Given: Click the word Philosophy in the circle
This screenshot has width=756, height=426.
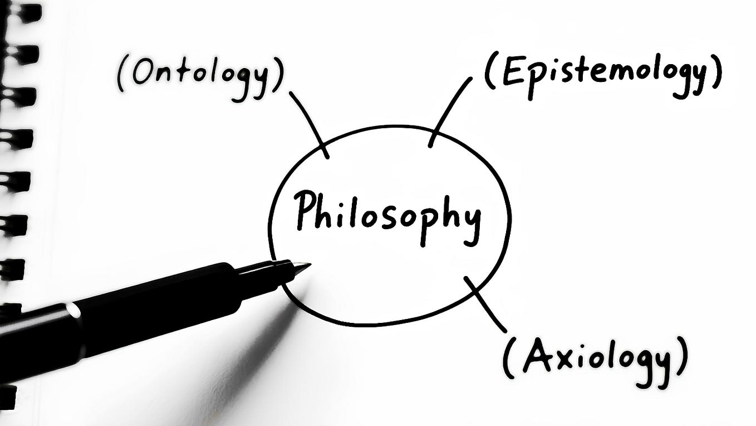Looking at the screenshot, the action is click(x=387, y=216).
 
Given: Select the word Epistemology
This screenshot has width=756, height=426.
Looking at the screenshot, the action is click(x=604, y=76).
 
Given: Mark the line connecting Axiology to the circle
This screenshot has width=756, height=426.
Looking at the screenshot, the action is click(x=485, y=304).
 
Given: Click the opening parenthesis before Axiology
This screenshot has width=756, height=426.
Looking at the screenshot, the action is click(x=508, y=359).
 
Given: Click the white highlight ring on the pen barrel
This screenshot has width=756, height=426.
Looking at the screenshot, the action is click(x=73, y=311).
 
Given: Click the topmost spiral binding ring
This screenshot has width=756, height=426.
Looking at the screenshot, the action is click(x=23, y=13).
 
